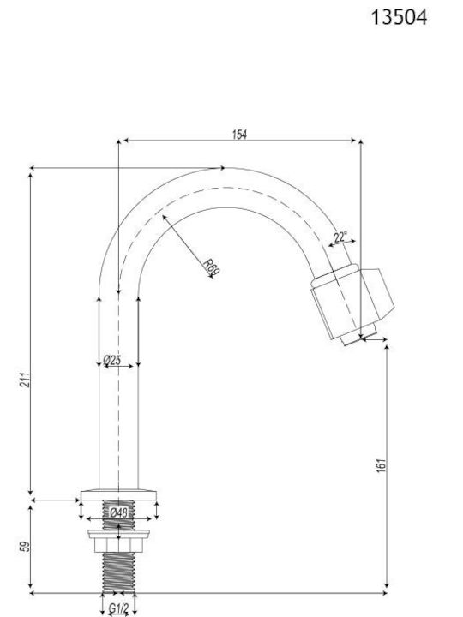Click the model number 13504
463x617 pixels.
[x=399, y=18]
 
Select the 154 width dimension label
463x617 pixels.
[x=239, y=135]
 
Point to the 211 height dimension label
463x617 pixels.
[x=25, y=380]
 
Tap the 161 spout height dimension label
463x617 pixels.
[x=381, y=465]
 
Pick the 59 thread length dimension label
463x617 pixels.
[x=25, y=547]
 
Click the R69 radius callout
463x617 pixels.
[x=213, y=267]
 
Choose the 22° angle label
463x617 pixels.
[x=340, y=237]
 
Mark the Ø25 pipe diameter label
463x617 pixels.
[x=112, y=360]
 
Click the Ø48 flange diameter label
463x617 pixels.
[x=118, y=512]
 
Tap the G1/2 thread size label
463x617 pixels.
[x=118, y=608]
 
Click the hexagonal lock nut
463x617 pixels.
[x=118, y=545]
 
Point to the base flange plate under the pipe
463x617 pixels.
[x=118, y=495]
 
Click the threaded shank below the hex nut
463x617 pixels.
[x=118, y=572]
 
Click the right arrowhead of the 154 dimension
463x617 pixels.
[x=353, y=141]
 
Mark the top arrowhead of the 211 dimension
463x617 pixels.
[x=31, y=177]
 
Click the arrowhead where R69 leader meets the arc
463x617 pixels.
[x=164, y=217]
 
